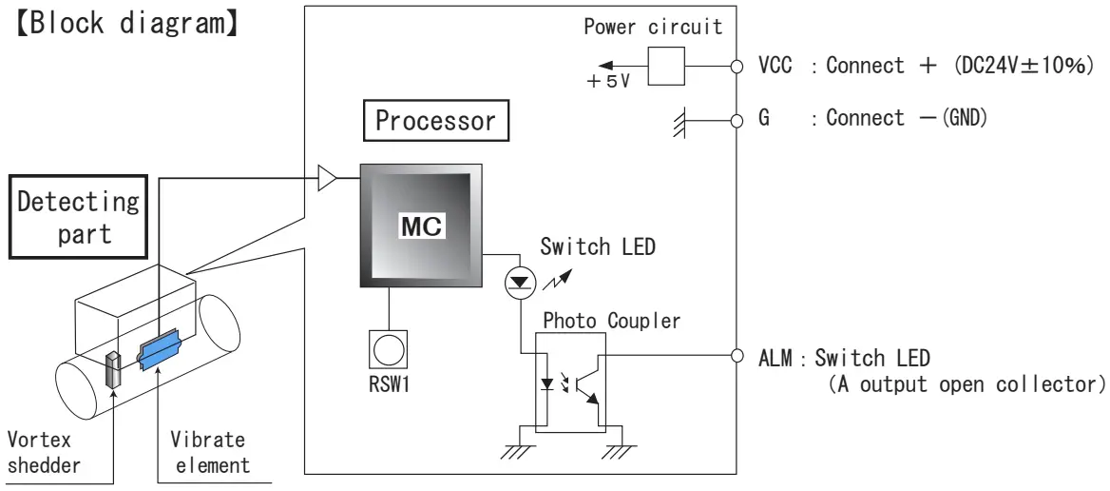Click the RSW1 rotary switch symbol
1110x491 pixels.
388,349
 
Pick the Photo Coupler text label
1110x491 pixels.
610,321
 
